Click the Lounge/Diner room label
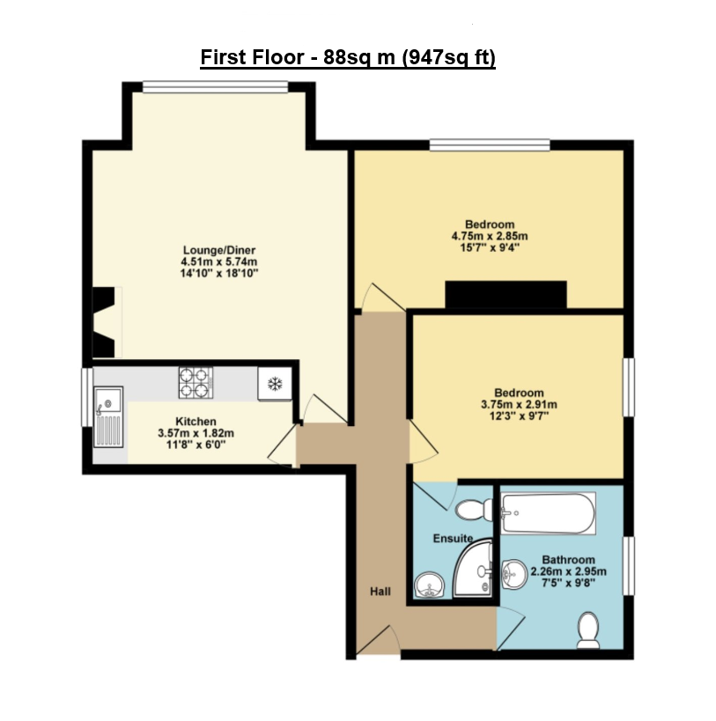(219, 250)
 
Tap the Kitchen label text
(196, 421)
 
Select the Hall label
(380, 592)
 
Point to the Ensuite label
(453, 539)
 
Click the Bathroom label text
(568, 560)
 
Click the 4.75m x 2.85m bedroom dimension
(490, 236)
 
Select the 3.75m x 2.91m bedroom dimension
(520, 405)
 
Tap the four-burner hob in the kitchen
(196, 383)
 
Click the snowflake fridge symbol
(275, 384)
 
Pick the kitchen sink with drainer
(108, 416)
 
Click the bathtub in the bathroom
(548, 513)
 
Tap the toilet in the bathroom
(588, 630)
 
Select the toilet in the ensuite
(474, 511)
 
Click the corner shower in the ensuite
(473, 570)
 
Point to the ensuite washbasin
(430, 586)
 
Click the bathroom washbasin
(513, 574)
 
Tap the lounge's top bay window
(215, 87)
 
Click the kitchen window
(87, 397)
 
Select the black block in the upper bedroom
(506, 294)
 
